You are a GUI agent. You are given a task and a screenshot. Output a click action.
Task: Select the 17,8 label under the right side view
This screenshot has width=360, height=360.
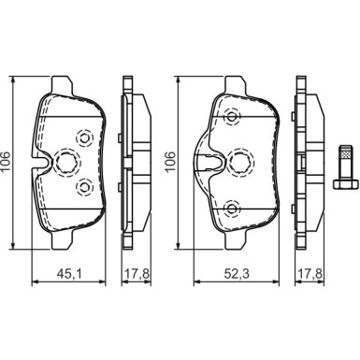(x=310, y=274)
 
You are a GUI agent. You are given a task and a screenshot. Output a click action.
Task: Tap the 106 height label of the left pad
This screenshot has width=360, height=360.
(x=7, y=162)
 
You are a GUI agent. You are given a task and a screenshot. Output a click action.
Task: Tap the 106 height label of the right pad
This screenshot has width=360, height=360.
(x=170, y=162)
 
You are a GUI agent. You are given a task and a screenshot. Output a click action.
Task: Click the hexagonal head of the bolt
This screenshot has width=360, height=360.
(x=345, y=183)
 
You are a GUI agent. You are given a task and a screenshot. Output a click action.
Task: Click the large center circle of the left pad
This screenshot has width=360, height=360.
(x=66, y=162)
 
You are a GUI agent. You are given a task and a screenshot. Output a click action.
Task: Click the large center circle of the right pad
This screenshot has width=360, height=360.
(x=242, y=162)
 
